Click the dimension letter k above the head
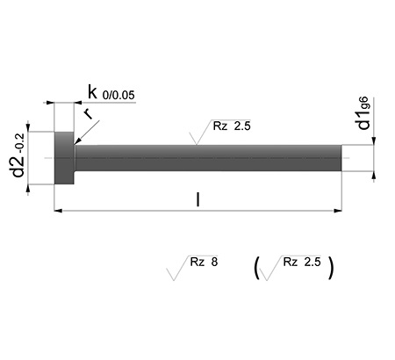point(92,92)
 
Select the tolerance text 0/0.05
point(118,96)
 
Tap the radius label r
point(88,113)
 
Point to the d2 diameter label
point(18,167)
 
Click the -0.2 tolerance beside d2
point(22,144)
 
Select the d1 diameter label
point(364,120)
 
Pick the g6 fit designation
point(364,104)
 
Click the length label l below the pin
point(198,199)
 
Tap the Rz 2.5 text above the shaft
point(232,126)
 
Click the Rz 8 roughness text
point(204,262)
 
